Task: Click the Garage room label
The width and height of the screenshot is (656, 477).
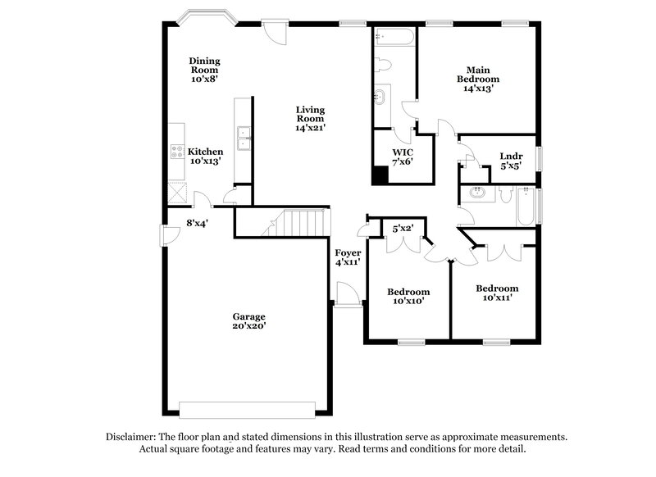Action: (x=248, y=320)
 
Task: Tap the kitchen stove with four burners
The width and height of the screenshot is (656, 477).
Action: (x=176, y=151)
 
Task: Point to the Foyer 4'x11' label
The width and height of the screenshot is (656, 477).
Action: (x=348, y=257)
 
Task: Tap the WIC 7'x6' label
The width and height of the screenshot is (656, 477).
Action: (x=402, y=157)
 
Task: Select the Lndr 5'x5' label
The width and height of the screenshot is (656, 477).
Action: (x=511, y=161)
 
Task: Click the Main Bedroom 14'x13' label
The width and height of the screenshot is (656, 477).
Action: (x=478, y=79)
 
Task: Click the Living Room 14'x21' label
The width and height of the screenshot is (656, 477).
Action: (x=310, y=118)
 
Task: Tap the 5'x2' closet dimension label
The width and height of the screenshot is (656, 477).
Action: (x=402, y=228)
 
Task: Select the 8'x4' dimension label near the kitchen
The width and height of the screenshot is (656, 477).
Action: (x=197, y=221)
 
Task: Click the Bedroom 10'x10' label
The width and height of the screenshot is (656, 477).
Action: (x=408, y=297)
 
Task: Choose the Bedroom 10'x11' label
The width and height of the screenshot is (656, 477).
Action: (x=497, y=293)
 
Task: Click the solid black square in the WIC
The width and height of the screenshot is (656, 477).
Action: (x=380, y=175)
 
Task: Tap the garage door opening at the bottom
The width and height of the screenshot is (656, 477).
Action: (x=247, y=408)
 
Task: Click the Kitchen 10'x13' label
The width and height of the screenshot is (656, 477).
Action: (x=205, y=157)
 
